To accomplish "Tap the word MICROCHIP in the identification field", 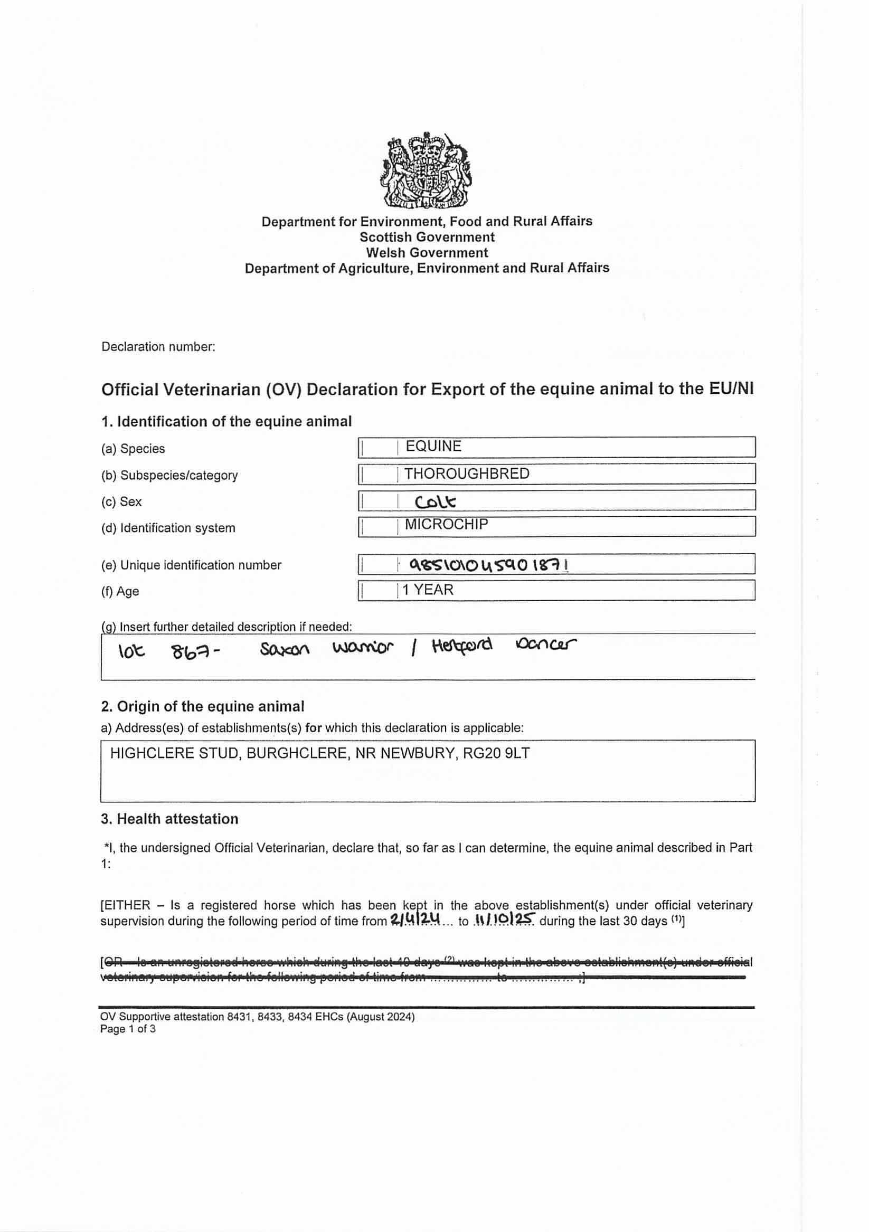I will click(x=446, y=524).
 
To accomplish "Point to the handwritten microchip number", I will click(x=489, y=564).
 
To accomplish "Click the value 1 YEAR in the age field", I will click(x=428, y=590).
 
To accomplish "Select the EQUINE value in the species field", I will click(x=433, y=447).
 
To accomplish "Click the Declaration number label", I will click(x=158, y=347).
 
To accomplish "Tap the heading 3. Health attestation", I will click(x=169, y=819).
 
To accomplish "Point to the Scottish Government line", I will click(x=427, y=237).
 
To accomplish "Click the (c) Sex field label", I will click(x=121, y=501).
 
